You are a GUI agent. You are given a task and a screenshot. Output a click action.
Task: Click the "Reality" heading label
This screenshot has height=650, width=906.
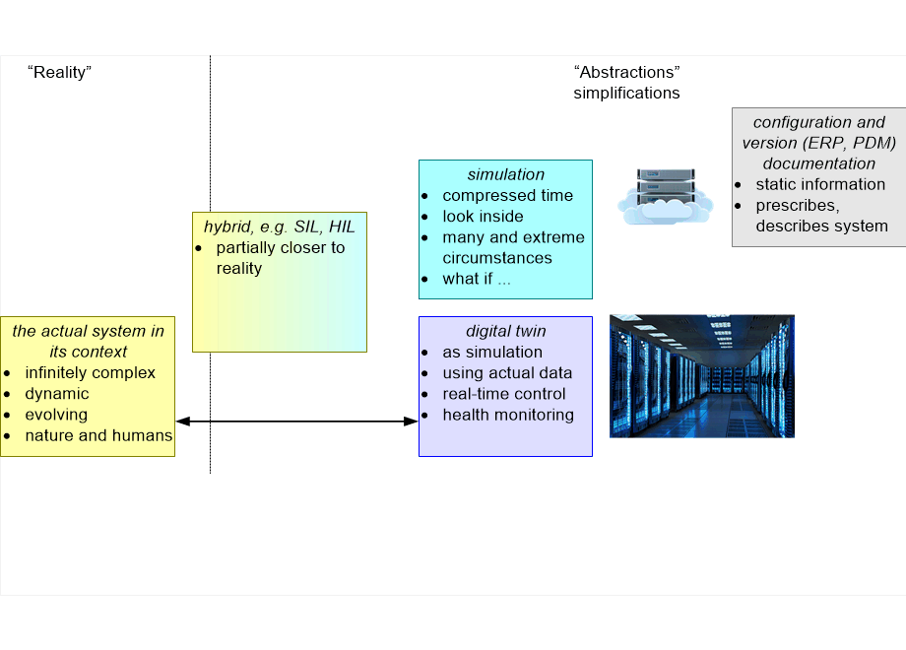(x=59, y=72)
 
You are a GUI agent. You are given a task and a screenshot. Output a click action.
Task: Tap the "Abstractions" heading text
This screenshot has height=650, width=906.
(x=626, y=72)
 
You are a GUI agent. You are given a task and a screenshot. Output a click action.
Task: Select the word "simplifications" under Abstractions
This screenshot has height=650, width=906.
(x=626, y=93)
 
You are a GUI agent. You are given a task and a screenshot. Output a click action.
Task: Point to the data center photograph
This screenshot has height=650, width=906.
(x=701, y=375)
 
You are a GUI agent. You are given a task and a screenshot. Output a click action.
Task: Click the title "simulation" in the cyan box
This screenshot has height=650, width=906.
(x=505, y=174)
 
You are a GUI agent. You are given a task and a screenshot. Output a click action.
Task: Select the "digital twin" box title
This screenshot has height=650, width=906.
(x=505, y=331)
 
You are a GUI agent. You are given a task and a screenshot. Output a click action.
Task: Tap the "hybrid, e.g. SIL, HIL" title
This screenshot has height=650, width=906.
(x=279, y=227)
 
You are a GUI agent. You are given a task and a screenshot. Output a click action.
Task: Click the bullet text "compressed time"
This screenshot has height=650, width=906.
(x=507, y=195)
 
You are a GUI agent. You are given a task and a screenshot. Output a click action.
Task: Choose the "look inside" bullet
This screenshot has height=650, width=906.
(x=483, y=216)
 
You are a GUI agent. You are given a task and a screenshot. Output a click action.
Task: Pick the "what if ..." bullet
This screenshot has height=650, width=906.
(x=477, y=279)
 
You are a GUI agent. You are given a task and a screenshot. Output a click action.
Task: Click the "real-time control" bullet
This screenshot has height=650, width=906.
(x=504, y=394)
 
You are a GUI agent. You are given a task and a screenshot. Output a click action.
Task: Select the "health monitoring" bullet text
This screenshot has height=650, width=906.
(x=508, y=415)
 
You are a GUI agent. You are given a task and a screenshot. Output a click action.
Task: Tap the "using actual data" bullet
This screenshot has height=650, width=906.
(x=507, y=373)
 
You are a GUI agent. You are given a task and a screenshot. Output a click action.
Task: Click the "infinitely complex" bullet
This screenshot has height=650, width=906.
(x=91, y=373)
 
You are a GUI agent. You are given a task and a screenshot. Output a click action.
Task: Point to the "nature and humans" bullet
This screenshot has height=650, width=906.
(x=98, y=435)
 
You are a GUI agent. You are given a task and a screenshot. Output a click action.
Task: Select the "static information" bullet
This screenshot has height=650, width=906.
(x=820, y=184)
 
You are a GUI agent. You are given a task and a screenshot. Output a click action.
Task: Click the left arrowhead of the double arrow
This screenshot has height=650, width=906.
(x=181, y=422)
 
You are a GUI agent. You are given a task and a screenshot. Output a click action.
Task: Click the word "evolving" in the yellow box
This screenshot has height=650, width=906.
(x=56, y=415)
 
